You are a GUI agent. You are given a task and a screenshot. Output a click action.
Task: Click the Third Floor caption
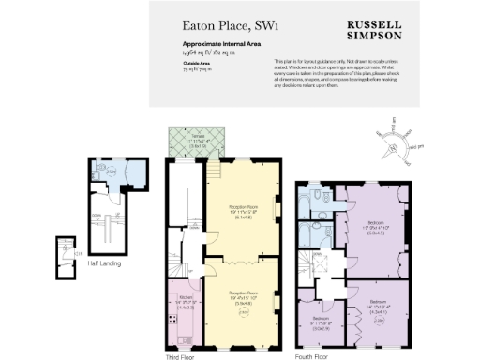pyautogui.click(x=182, y=356)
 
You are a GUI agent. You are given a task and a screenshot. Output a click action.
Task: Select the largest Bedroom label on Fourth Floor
pyautogui.click(x=376, y=226)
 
